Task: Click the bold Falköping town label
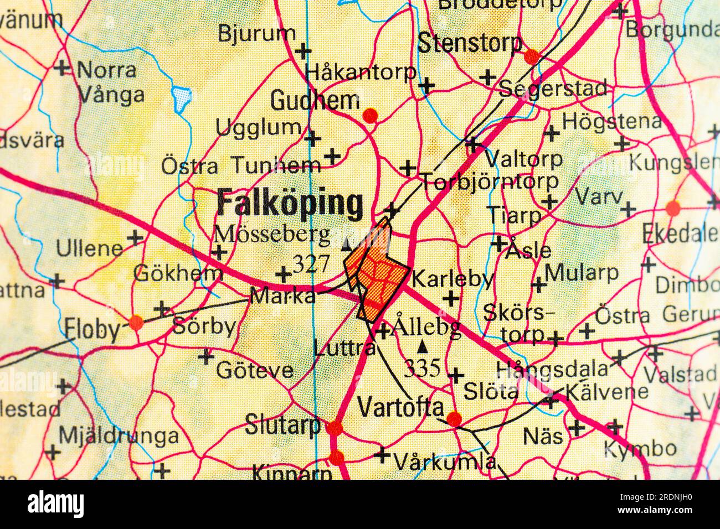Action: [x=290, y=204]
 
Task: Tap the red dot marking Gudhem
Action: [x=370, y=115]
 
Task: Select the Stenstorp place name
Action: [x=470, y=43]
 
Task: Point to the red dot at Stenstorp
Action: [x=532, y=55]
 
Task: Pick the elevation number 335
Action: [x=422, y=367]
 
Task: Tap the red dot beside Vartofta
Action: [x=454, y=419]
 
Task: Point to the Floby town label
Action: [x=92, y=330]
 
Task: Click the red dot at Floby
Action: [x=136, y=321]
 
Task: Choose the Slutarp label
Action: [x=283, y=426]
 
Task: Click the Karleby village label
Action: [x=452, y=279]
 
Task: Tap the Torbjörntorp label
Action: [x=490, y=181]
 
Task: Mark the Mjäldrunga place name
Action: [x=119, y=436]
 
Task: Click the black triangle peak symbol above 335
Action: [x=423, y=348]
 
